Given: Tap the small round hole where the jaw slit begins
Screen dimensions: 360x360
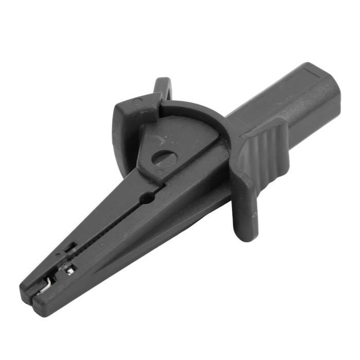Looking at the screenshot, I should [x=149, y=196].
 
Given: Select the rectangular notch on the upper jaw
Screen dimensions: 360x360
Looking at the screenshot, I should [x=70, y=248].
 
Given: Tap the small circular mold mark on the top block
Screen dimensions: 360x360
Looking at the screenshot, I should [x=137, y=102].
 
